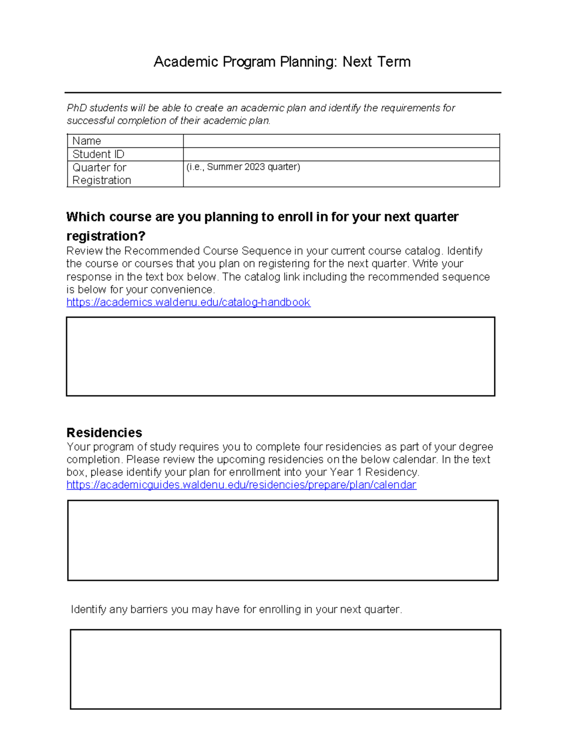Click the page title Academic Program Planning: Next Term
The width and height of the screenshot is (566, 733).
pyautogui.click(x=282, y=62)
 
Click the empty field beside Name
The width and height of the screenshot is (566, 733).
pyautogui.click(x=341, y=141)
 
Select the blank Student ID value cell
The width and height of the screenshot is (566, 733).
pyautogui.click(x=341, y=154)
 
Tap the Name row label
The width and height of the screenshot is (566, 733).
pyautogui.click(x=87, y=141)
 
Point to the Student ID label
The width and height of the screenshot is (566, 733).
pyautogui.click(x=98, y=154)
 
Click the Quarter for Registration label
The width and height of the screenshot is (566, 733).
pyautogui.click(x=101, y=174)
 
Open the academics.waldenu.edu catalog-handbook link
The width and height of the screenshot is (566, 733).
pyautogui.click(x=188, y=302)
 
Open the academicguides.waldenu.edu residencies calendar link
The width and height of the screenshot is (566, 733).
pyautogui.click(x=241, y=485)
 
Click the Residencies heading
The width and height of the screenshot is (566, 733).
pyautogui.click(x=104, y=432)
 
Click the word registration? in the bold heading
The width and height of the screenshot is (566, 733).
pyautogui.click(x=106, y=236)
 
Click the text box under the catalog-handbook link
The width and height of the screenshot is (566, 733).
pyautogui.click(x=280, y=356)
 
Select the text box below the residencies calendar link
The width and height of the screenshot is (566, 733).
pyautogui.click(x=283, y=540)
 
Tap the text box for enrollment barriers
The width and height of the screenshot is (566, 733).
pyautogui.click(x=285, y=669)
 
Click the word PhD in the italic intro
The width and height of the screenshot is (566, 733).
pyautogui.click(x=77, y=108)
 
